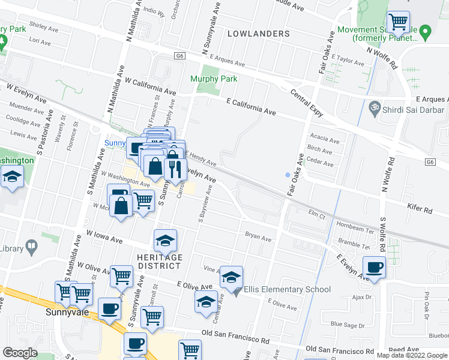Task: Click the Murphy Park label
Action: pyautogui.click(x=214, y=79)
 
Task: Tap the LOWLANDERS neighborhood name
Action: pyautogui.click(x=259, y=34)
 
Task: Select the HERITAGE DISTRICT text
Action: pyautogui.click(x=160, y=262)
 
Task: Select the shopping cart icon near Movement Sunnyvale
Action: pyautogui.click(x=399, y=23)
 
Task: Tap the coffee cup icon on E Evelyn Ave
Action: pyautogui.click(x=374, y=267)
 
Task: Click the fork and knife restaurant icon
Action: pyautogui.click(x=175, y=169)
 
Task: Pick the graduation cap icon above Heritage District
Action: pyautogui.click(x=166, y=241)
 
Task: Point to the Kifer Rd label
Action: pyautogui.click(x=420, y=211)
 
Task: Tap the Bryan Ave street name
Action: pyautogui.click(x=258, y=236)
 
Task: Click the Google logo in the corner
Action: pyautogui.click(x=20, y=353)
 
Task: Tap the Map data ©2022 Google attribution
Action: pyautogui.click(x=411, y=355)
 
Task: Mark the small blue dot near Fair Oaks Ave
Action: pyautogui.click(x=288, y=175)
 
